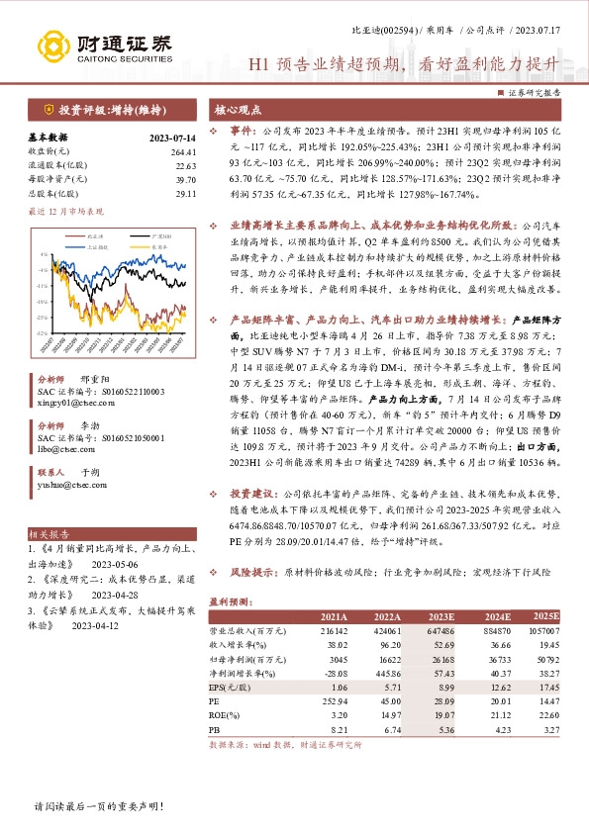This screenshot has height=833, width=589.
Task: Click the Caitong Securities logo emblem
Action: [x=54, y=46]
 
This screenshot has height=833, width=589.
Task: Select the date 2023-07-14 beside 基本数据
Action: [x=171, y=138]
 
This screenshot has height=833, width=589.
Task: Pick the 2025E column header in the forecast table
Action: [x=544, y=613]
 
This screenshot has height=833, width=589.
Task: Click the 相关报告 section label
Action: [x=48, y=532]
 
